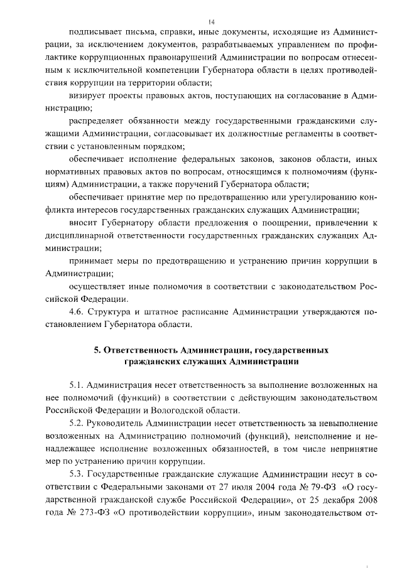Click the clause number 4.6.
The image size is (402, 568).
point(77,311)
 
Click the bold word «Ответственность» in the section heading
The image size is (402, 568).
point(137,350)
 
